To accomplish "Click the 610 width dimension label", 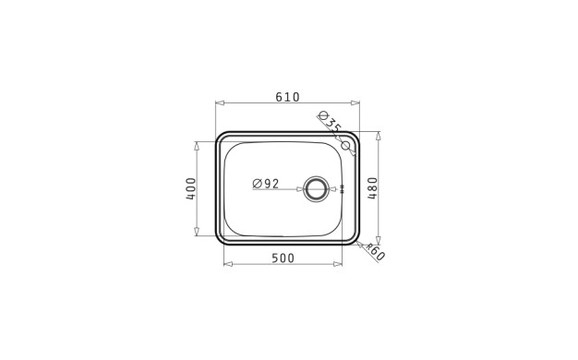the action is pyautogui.click(x=287, y=97).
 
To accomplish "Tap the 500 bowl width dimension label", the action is pyautogui.click(x=283, y=258).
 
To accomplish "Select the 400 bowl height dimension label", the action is pyautogui.click(x=191, y=188).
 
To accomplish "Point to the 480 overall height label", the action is pyautogui.click(x=373, y=188).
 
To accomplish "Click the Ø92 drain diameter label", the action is pyautogui.click(x=266, y=183).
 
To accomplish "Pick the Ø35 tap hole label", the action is pyautogui.click(x=330, y=122).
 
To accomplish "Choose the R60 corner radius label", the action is pyautogui.click(x=375, y=252).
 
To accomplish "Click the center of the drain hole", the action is pyautogui.click(x=315, y=189).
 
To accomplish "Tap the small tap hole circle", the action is pyautogui.click(x=345, y=145).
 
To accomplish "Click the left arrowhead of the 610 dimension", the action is pyautogui.click(x=220, y=102).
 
